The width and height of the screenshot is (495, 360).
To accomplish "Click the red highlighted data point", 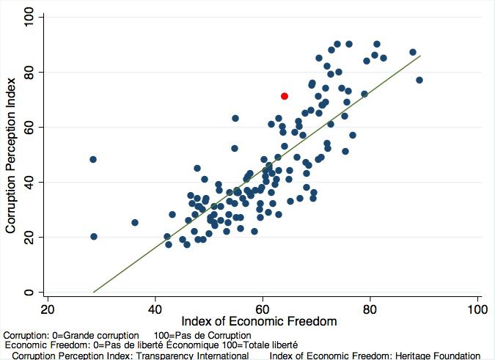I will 285,96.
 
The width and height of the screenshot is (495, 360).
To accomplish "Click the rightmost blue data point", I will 419,80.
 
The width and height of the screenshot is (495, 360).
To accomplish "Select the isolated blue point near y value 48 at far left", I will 93,159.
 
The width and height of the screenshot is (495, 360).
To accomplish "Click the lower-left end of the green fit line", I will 94,292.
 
